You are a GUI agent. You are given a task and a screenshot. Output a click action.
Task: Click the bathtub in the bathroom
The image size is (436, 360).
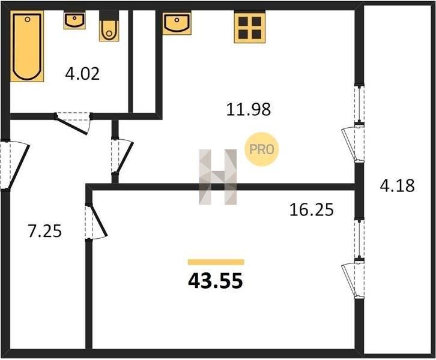pyautogui.click(x=27, y=46)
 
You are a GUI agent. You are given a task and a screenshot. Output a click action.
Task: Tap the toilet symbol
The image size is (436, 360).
pyautogui.click(x=109, y=26)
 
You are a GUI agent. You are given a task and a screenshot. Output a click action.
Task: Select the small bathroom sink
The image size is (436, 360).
pyautogui.click(x=74, y=20)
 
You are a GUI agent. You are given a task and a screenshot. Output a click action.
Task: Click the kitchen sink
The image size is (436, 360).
pyautogui.click(x=177, y=23)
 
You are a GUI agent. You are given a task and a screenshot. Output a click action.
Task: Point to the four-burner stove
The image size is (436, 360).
pyautogui.click(x=250, y=27)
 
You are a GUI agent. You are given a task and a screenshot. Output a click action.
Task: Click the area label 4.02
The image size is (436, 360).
pyautogui.click(x=82, y=74)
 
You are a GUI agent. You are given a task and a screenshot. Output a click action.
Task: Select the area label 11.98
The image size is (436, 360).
pyautogui.click(x=248, y=109)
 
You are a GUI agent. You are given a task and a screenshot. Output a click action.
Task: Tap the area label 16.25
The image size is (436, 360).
pyautogui.click(x=312, y=210)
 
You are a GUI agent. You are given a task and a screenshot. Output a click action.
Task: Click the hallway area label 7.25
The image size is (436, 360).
pyautogui.click(x=45, y=231)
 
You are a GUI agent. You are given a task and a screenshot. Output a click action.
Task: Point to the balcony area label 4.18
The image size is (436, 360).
pyautogui.click(x=398, y=185)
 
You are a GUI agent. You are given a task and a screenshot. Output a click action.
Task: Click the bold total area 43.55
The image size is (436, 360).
pyautogui.click(x=216, y=281)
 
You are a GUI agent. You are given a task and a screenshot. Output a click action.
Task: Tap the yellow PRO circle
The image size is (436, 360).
pyautogui.click(x=262, y=149)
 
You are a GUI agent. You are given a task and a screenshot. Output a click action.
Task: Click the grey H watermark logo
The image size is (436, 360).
pyautogui.click(x=218, y=177)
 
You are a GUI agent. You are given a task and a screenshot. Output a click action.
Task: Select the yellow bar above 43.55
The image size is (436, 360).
pyautogui.click(x=216, y=262)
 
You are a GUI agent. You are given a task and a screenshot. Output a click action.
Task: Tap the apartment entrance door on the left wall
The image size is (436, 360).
pyautogui.click(x=14, y=166)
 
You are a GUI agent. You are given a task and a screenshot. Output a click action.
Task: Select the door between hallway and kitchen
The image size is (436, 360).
pyautogui.click(x=122, y=156)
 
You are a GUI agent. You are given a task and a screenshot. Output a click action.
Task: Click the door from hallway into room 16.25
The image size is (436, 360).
pyautogui.click(x=96, y=221)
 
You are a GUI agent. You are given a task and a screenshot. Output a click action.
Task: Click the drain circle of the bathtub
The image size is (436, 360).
pyautogui.click(x=28, y=19)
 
